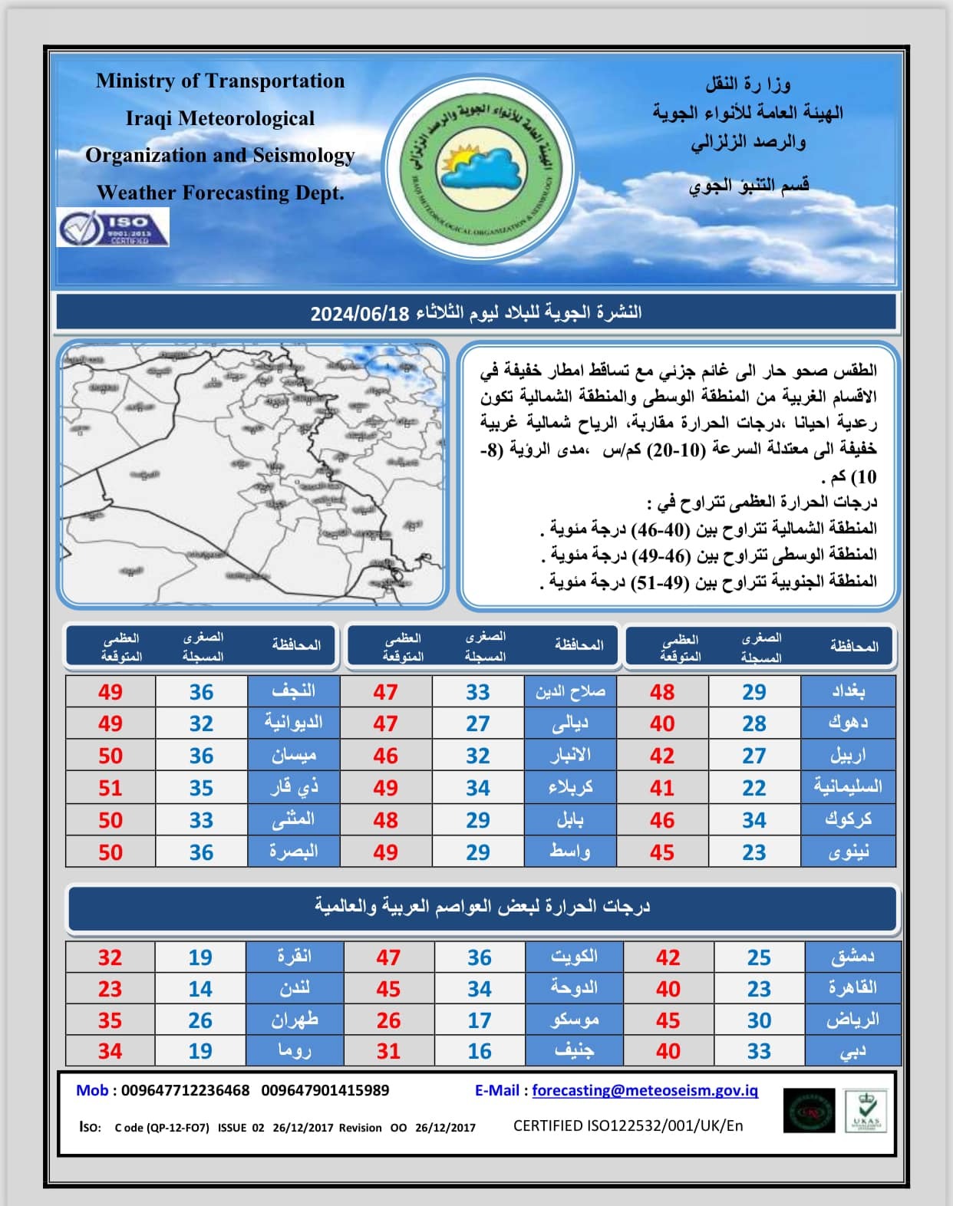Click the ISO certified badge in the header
[x=113, y=227]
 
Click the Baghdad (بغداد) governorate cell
[x=848, y=691]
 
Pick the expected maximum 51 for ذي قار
[x=110, y=788]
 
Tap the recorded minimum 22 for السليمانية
[x=753, y=788]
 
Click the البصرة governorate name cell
[x=293, y=852]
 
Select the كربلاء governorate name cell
[x=570, y=788]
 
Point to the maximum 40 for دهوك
[x=662, y=723]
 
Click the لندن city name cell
[x=295, y=989]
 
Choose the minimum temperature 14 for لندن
[x=200, y=989]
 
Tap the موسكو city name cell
[x=574, y=1020]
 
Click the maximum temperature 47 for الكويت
[x=388, y=957]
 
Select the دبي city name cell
[x=852, y=1051]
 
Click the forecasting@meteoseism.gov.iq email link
[x=645, y=1090]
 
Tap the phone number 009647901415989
[x=325, y=1090]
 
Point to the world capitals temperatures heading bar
[x=482, y=908]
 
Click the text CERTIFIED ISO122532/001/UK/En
[x=628, y=1126]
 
